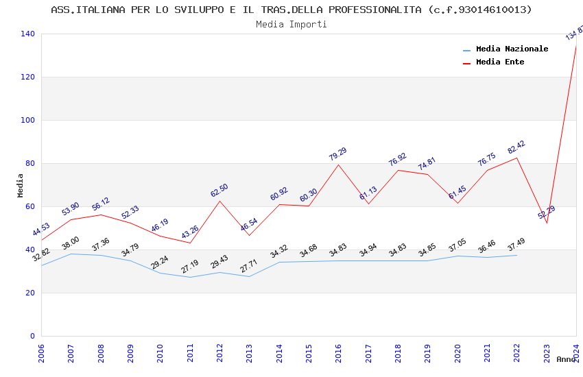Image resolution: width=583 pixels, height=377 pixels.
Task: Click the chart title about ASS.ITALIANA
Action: point(291,10)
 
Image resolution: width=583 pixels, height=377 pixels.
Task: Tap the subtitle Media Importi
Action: point(291,24)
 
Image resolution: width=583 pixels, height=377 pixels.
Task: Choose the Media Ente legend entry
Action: point(499,62)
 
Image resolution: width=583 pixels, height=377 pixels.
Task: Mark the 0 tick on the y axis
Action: point(32,336)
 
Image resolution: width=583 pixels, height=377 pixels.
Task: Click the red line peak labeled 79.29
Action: point(338,165)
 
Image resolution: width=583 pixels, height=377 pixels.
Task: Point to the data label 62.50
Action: point(219,191)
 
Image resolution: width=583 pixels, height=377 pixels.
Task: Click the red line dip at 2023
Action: point(547,223)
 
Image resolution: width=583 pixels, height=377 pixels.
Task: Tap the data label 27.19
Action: point(189,267)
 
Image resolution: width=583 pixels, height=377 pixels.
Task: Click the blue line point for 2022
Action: point(516,255)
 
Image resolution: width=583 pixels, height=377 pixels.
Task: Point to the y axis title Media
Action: point(21,185)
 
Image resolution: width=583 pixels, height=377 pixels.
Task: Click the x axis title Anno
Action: point(566,359)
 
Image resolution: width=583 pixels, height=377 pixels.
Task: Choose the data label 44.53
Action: point(41,229)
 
